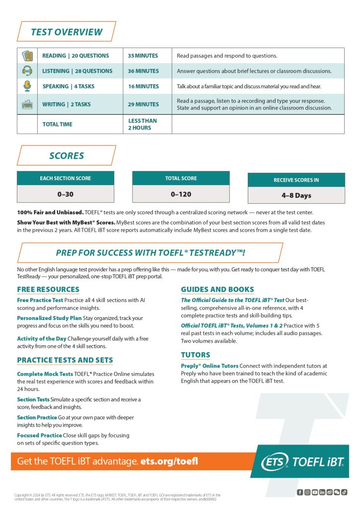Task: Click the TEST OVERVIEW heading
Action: point(67,32)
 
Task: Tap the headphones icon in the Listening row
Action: point(27,71)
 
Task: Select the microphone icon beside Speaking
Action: point(27,86)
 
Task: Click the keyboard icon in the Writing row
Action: point(27,105)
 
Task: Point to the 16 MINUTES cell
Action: point(143,86)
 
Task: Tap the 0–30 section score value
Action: point(66,194)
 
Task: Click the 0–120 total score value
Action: point(181,194)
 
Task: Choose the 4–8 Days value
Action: point(296,195)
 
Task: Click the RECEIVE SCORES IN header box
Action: point(296,180)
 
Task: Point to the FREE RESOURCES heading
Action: point(48,289)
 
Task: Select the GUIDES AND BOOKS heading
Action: point(217,289)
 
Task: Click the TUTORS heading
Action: point(196,355)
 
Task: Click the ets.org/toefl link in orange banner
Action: point(169,461)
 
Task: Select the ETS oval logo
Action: point(275,462)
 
